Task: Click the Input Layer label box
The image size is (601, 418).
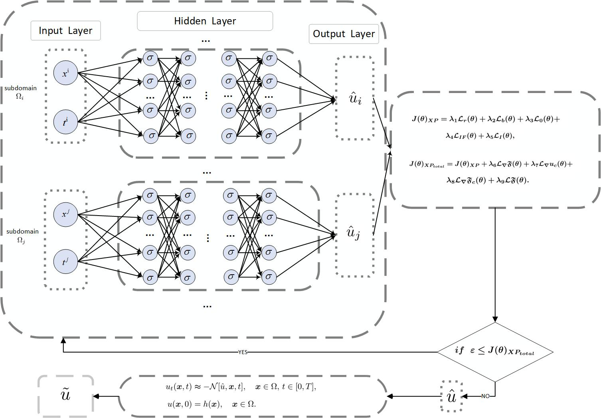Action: pyautogui.click(x=65, y=31)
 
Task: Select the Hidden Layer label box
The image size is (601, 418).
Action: pyautogui.click(x=205, y=21)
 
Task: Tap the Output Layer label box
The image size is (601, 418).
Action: pyautogui.click(x=344, y=34)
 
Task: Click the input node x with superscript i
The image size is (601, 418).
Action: pyautogui.click(x=65, y=73)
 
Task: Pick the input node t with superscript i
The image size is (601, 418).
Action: pyautogui.click(x=65, y=122)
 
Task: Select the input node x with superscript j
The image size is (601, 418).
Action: pyautogui.click(x=65, y=214)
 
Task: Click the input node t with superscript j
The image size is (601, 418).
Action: pyautogui.click(x=65, y=261)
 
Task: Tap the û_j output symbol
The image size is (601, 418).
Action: pyautogui.click(x=353, y=233)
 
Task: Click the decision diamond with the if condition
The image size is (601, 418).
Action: pyautogui.click(x=495, y=351)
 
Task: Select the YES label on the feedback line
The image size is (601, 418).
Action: pyautogui.click(x=243, y=352)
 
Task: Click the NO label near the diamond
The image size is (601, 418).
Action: pyautogui.click(x=485, y=396)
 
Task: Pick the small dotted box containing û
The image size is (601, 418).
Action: pyautogui.click(x=452, y=396)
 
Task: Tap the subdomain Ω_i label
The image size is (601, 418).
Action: pyautogui.click(x=20, y=92)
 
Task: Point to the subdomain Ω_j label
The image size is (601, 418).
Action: pyautogui.click(x=22, y=236)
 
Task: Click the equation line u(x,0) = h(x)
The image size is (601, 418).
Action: pyautogui.click(x=212, y=404)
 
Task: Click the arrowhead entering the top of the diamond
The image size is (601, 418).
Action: pyautogui.click(x=495, y=319)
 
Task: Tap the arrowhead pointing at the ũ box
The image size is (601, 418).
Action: pyautogui.click(x=96, y=396)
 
